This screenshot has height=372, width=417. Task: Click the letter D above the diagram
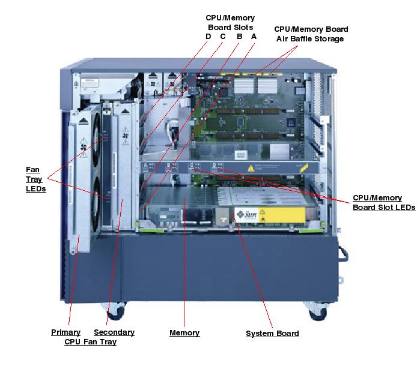(x=208, y=37)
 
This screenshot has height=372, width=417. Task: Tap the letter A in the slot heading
(x=254, y=37)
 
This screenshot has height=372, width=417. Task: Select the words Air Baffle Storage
(x=310, y=39)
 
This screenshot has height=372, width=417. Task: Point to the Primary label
(x=65, y=332)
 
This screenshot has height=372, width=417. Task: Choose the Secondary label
(x=114, y=332)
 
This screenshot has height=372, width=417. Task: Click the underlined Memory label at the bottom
(x=184, y=333)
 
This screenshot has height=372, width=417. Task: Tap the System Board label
(x=272, y=334)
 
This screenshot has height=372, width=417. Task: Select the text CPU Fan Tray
(x=90, y=342)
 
